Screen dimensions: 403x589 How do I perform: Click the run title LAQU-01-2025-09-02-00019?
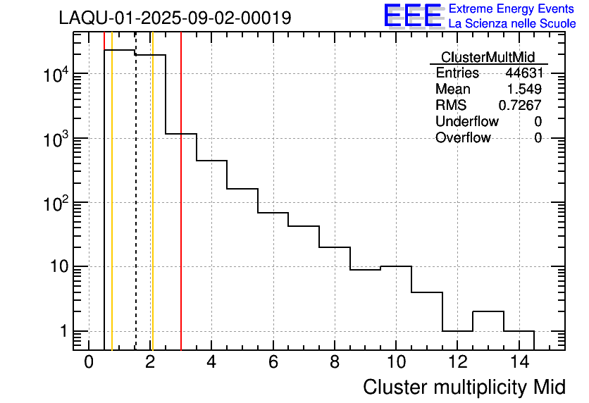point(175,18)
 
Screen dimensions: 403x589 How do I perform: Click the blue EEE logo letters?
point(413,15)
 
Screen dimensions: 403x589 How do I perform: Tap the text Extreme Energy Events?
point(512,9)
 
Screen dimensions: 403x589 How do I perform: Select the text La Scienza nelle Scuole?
point(512,24)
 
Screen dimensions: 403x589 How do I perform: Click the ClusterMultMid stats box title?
point(488,57)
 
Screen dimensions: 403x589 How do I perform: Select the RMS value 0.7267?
point(520,106)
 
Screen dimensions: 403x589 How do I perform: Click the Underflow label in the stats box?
point(466,122)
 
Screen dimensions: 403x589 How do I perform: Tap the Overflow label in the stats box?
point(463,138)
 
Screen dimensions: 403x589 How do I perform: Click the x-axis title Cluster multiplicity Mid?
point(464,387)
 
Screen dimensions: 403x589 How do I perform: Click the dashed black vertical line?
point(135,211)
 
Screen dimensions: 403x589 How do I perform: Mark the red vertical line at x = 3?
point(181,211)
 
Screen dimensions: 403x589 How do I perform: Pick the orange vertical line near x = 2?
point(152,211)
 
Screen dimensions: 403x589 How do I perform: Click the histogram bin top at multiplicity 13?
point(488,311)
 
